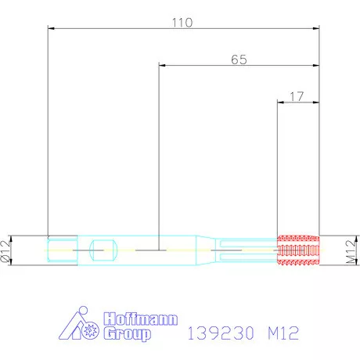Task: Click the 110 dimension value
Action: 182,23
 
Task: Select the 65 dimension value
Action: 239,59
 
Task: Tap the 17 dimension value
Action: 297,96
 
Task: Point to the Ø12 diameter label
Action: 5,251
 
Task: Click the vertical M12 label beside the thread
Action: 351,252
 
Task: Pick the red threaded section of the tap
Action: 298,250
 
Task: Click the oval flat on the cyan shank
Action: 103,250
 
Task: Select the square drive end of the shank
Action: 63,250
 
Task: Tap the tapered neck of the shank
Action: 206,250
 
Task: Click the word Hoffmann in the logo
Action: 141,319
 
